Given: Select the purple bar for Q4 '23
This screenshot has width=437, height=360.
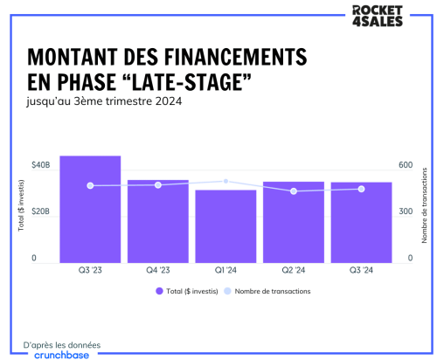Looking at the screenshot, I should tap(158, 220).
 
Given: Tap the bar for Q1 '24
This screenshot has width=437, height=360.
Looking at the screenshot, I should tap(225, 225).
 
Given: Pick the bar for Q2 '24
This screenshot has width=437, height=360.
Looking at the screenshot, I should tap(294, 221).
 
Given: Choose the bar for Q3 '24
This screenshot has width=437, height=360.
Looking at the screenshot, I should tap(361, 222).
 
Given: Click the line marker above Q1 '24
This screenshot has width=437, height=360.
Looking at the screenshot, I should tap(225, 181).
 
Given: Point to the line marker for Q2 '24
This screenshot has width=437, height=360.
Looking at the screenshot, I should tap(294, 190).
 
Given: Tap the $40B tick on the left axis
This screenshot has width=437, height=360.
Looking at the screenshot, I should tap(40, 165).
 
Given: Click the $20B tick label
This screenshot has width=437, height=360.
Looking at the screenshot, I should tap(40, 212).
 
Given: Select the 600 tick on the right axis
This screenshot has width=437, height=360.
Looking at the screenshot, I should tap(405, 165).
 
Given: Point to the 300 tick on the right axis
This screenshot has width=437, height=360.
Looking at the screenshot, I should tap(405, 212).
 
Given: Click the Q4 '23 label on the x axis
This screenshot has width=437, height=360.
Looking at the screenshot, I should tap(158, 270).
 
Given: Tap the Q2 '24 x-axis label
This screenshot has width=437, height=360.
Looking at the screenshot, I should tap(294, 270).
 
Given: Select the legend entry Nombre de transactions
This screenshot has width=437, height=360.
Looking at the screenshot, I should tap(272, 291).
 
